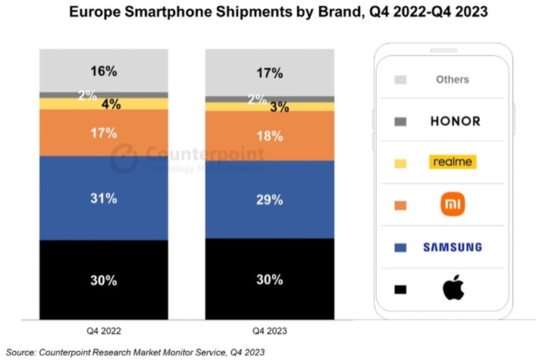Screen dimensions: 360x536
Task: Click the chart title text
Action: (x=268, y=13)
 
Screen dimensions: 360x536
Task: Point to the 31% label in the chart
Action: (x=105, y=199)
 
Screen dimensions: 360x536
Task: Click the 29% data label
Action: (x=269, y=200)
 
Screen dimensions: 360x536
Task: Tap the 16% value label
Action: (x=105, y=71)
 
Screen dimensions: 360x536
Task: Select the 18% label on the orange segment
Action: (x=269, y=136)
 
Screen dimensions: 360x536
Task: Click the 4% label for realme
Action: (x=111, y=104)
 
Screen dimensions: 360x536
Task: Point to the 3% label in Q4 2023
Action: (x=279, y=107)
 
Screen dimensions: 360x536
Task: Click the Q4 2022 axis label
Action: (x=105, y=331)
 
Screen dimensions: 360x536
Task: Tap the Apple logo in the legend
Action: (x=453, y=288)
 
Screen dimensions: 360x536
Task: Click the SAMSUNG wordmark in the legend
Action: (x=453, y=247)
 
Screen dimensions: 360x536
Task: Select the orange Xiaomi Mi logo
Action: (x=453, y=204)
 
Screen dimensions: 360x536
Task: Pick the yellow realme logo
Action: (x=452, y=162)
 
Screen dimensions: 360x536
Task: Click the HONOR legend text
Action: (x=455, y=121)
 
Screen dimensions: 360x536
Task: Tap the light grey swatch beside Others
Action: (x=400, y=80)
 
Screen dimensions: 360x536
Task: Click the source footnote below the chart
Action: (x=135, y=352)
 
